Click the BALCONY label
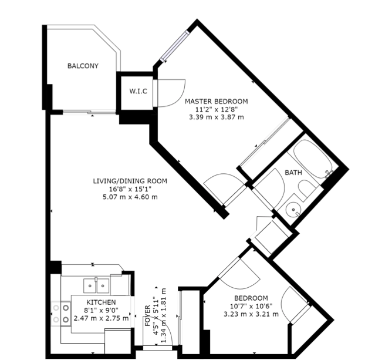point(83,66)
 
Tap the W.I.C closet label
point(138,91)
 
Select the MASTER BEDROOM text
point(217,102)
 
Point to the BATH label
point(293,173)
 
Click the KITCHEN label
point(101,302)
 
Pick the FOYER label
point(147,315)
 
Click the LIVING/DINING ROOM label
point(130,181)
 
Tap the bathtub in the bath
point(313,159)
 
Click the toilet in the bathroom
point(307,189)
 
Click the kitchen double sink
point(96,285)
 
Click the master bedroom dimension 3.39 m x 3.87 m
point(217,117)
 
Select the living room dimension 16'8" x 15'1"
point(130,189)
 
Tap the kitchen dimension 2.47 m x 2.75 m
point(101,318)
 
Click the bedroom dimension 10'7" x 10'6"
point(251,306)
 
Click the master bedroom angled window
point(175,46)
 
